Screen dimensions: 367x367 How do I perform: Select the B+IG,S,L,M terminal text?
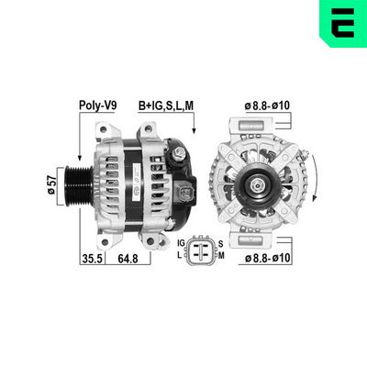tap(166, 106)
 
